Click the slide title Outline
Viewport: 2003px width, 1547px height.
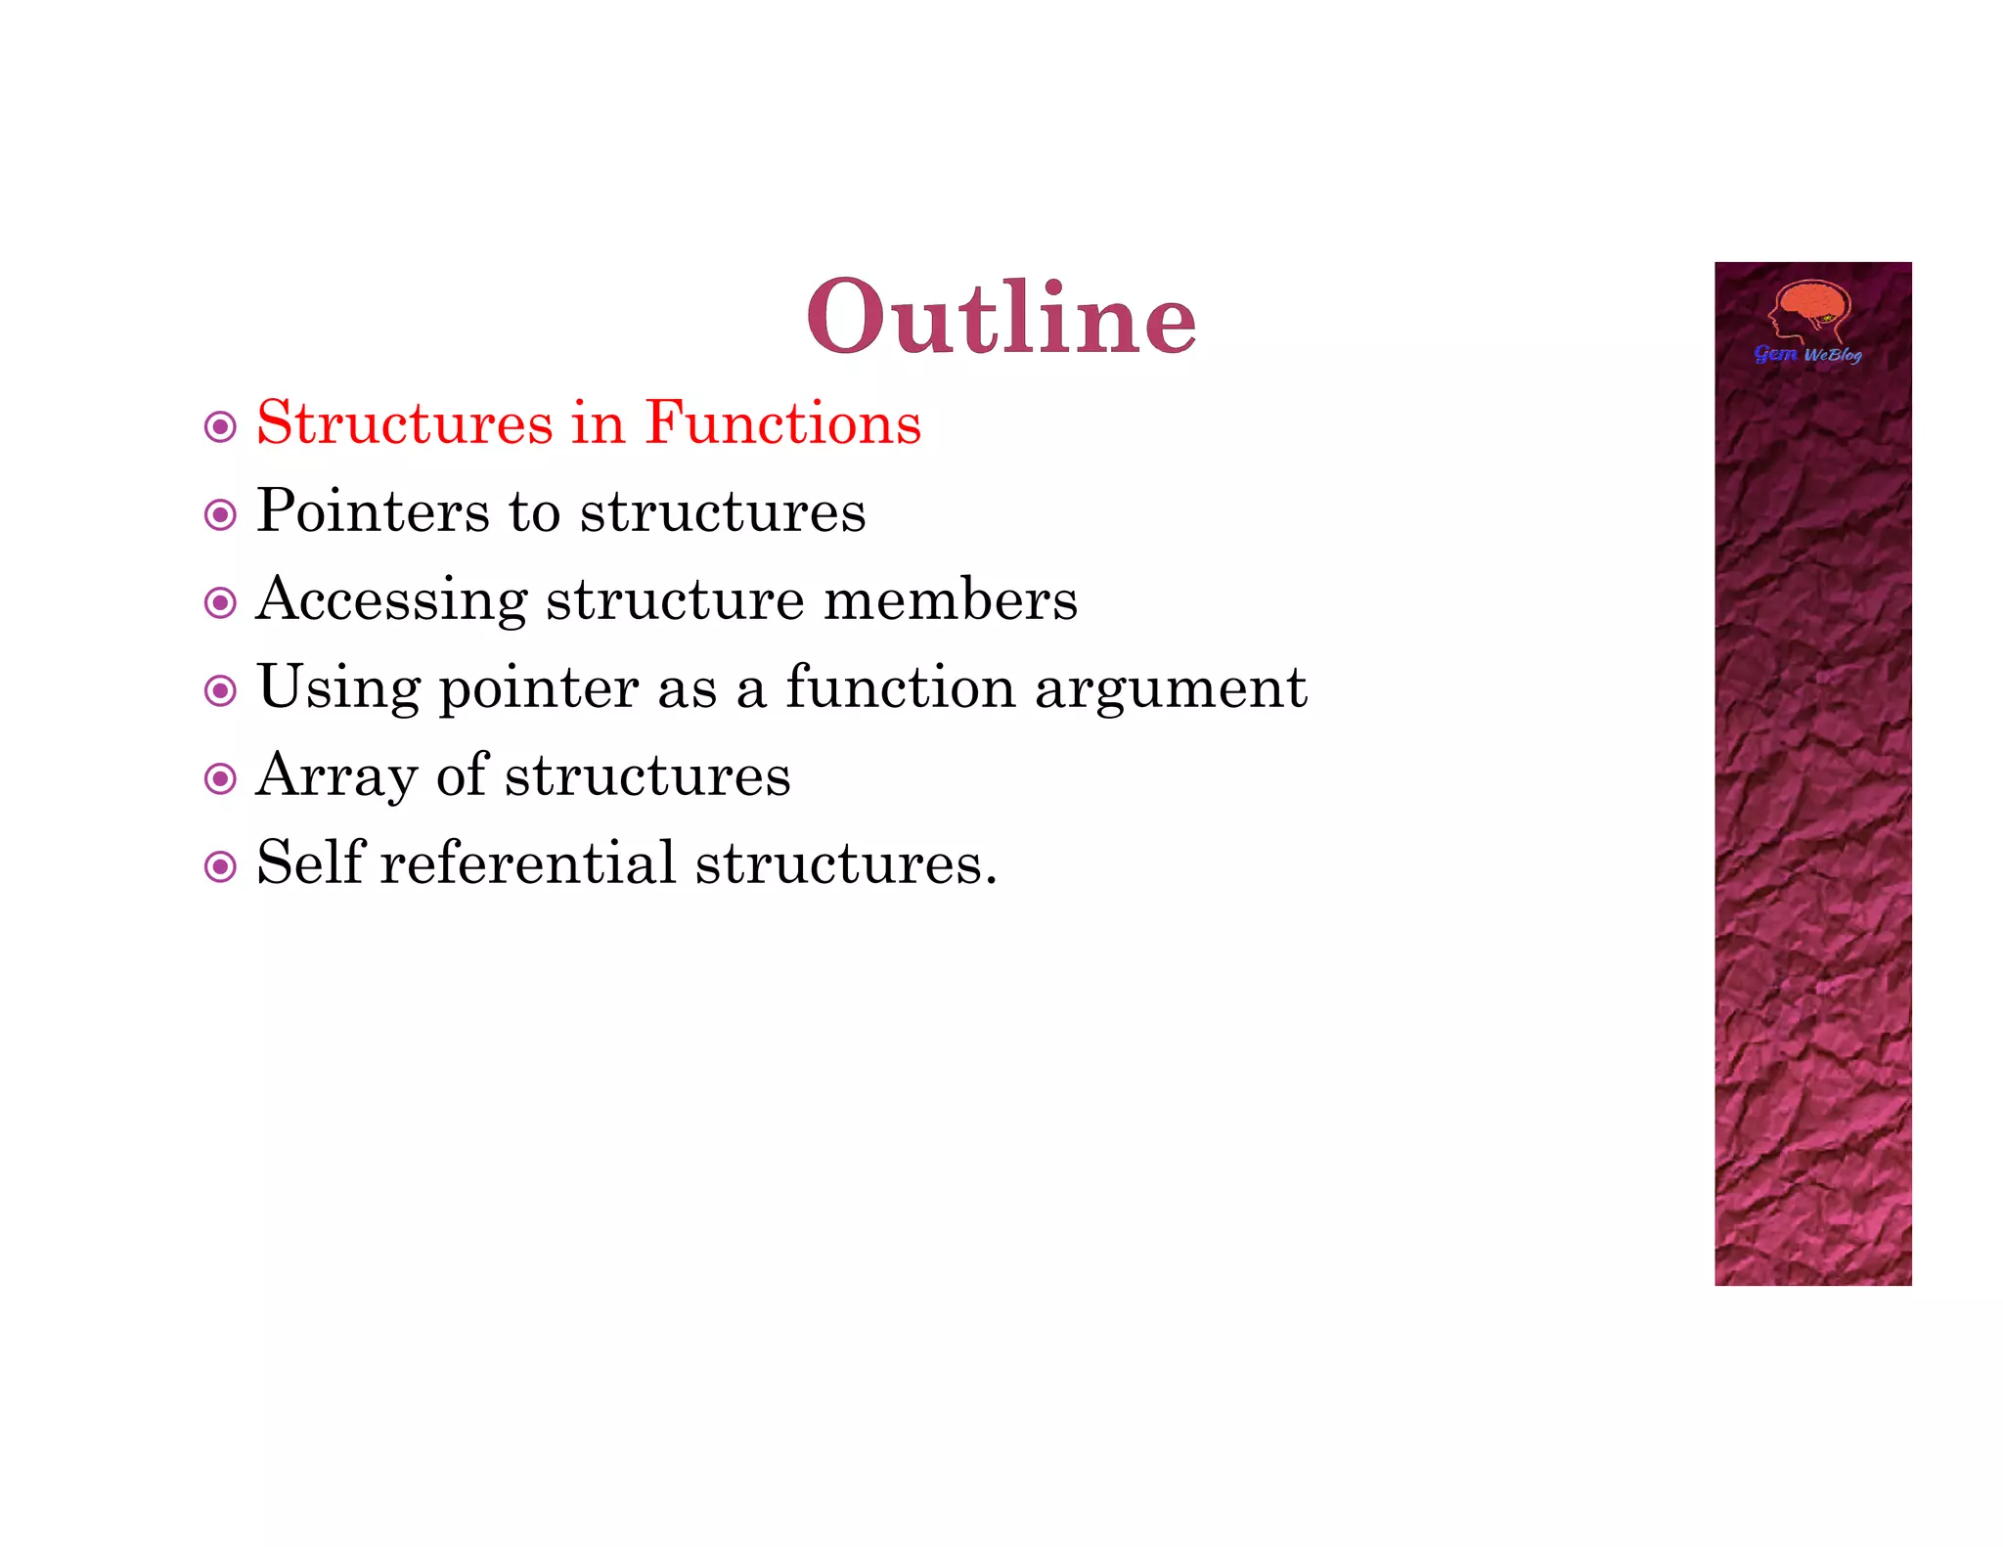pyautogui.click(x=1001, y=317)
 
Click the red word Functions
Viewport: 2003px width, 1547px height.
pyautogui.click(x=782, y=423)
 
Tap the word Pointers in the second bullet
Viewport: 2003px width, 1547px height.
pyautogui.click(x=373, y=511)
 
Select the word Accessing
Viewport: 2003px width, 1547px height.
pyautogui.click(x=391, y=600)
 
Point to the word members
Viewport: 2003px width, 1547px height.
pyautogui.click(x=950, y=599)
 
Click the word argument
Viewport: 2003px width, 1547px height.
pyautogui.click(x=1171, y=689)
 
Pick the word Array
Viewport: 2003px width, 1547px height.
pyautogui.click(x=336, y=776)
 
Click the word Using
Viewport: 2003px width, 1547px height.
pyautogui.click(x=338, y=688)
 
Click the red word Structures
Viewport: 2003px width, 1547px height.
pyautogui.click(x=405, y=423)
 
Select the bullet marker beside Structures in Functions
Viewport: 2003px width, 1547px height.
pyautogui.click(x=220, y=427)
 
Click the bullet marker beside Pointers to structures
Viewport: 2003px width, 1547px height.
pyautogui.click(x=220, y=515)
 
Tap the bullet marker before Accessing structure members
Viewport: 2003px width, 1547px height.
pyautogui.click(x=220, y=602)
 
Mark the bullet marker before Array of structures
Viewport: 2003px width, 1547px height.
pyautogui.click(x=220, y=779)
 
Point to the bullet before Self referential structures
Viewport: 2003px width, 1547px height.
pyautogui.click(x=220, y=866)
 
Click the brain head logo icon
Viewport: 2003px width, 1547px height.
pyautogui.click(x=1809, y=311)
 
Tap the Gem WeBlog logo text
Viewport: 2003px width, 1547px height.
pyautogui.click(x=1807, y=354)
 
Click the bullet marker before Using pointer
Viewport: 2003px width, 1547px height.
pyautogui.click(x=220, y=691)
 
